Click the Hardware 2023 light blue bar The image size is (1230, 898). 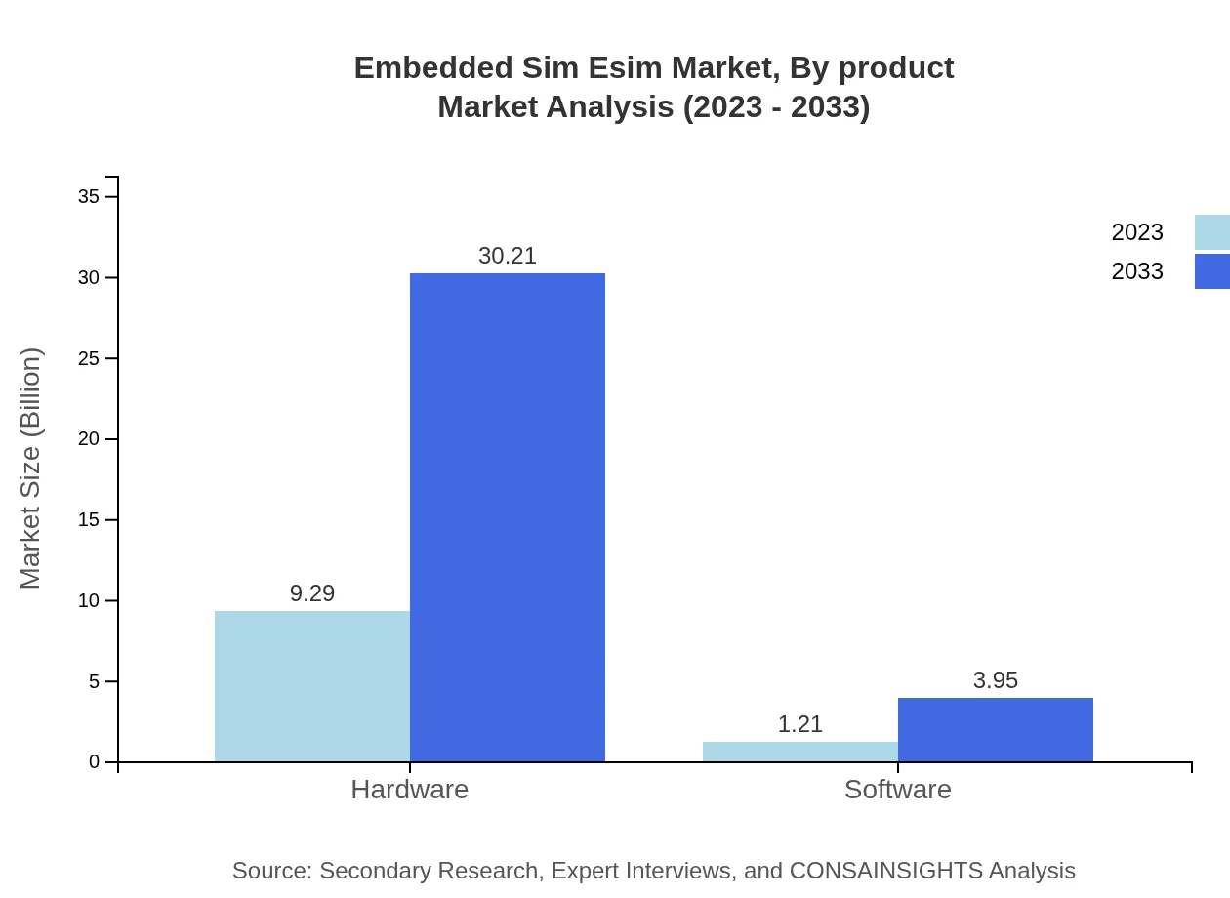pyautogui.click(x=312, y=686)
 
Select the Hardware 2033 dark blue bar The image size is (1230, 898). pyautogui.click(x=508, y=517)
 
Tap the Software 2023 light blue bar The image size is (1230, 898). pyautogui.click(x=800, y=752)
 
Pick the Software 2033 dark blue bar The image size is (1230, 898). pyautogui.click(x=996, y=729)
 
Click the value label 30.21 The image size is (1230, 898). pyautogui.click(x=508, y=256)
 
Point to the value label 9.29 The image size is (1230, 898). pyautogui.click(x=312, y=593)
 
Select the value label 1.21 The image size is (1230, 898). pyautogui.click(x=800, y=724)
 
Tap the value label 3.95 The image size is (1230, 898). pyautogui.click(x=996, y=680)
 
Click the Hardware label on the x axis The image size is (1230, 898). pyautogui.click(x=410, y=789)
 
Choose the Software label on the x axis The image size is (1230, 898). pyautogui.click(x=898, y=789)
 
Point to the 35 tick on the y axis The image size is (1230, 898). pyautogui.click(x=89, y=196)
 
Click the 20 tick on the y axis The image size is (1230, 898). pyautogui.click(x=89, y=439)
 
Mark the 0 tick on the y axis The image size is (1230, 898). pyautogui.click(x=95, y=761)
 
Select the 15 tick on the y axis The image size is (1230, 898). pyautogui.click(x=89, y=519)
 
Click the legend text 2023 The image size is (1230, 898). pyautogui.click(x=1137, y=232)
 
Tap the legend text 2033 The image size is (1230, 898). pyautogui.click(x=1137, y=271)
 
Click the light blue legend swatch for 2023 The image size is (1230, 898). pyautogui.click(x=1212, y=232)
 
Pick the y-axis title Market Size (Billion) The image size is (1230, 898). pyautogui.click(x=30, y=469)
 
